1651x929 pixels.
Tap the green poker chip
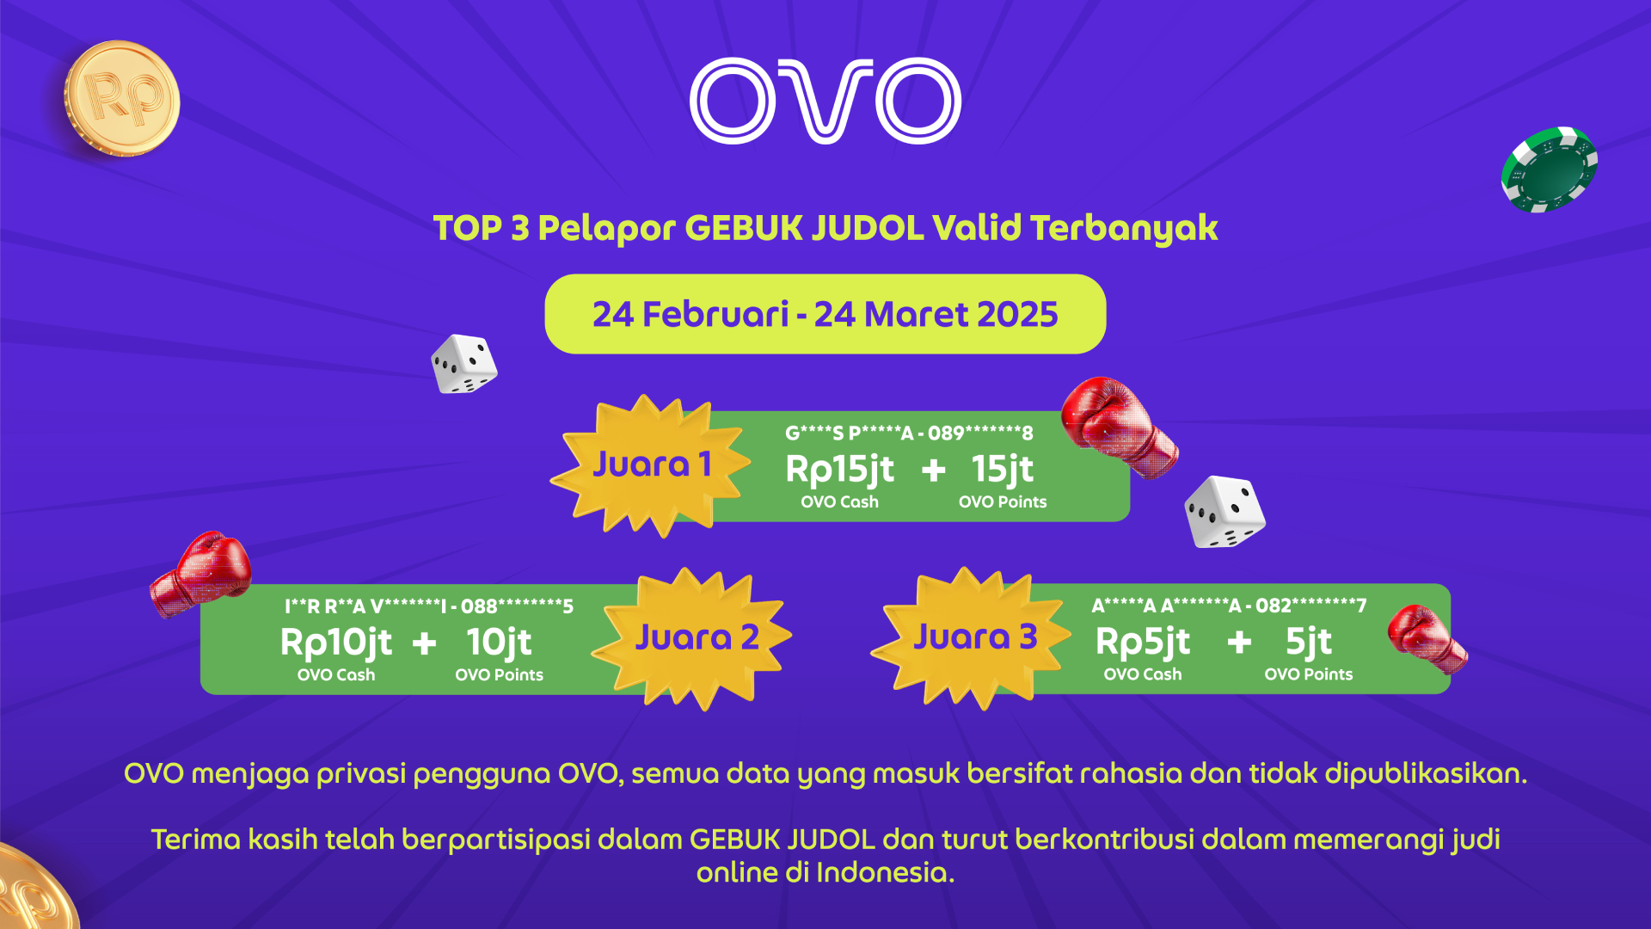tap(1550, 169)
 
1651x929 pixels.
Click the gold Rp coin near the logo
tap(122, 98)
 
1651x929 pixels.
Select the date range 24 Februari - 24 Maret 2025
tap(825, 314)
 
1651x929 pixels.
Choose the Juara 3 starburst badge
tap(972, 637)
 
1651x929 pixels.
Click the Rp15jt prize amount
tap(839, 470)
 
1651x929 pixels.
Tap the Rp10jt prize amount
tap(335, 643)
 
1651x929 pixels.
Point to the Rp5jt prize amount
tap(1143, 642)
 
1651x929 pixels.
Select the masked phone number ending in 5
tap(517, 606)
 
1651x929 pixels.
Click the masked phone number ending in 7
tap(1310, 606)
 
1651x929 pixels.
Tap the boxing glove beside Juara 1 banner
tap(1119, 427)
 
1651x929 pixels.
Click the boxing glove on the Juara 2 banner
tap(200, 574)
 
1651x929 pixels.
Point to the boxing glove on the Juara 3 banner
tap(1426, 638)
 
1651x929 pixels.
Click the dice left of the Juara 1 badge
tap(464, 364)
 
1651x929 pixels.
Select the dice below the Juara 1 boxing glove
tap(1224, 512)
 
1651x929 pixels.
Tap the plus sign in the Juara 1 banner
tap(933, 470)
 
